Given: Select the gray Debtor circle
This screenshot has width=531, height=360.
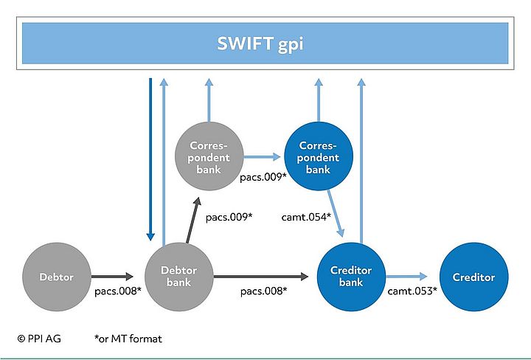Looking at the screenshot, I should tap(58, 277).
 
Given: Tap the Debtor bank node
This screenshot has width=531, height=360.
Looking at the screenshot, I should tap(178, 277).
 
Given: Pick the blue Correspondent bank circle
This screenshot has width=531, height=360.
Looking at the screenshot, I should tap(319, 157).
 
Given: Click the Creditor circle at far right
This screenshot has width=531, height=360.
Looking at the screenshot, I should tap(473, 277).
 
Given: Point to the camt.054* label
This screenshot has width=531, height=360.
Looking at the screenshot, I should tap(305, 217).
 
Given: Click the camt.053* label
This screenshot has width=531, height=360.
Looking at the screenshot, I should tap(412, 291).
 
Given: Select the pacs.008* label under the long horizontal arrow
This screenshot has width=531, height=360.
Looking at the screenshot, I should tap(263, 291).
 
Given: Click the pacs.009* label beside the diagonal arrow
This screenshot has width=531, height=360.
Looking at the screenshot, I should tap(229, 217).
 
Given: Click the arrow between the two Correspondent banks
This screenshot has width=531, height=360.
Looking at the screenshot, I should tap(263, 156).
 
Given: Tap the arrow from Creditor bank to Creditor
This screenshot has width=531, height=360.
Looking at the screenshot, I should tap(411, 277).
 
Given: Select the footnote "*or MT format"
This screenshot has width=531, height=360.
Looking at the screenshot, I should tap(128, 339).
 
